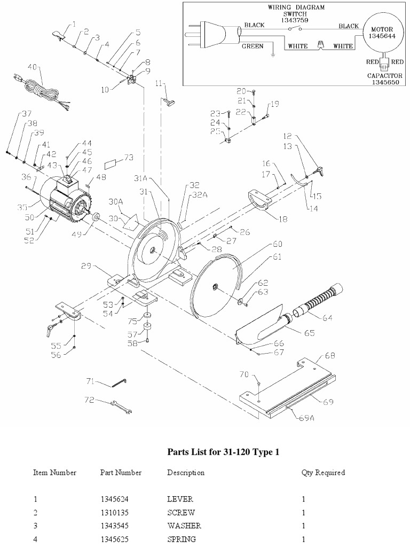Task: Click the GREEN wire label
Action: (253, 46)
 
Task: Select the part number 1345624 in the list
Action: (114, 499)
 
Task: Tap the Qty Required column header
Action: (323, 473)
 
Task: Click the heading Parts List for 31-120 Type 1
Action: (224, 452)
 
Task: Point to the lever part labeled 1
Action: (59, 35)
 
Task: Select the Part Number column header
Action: (121, 473)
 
